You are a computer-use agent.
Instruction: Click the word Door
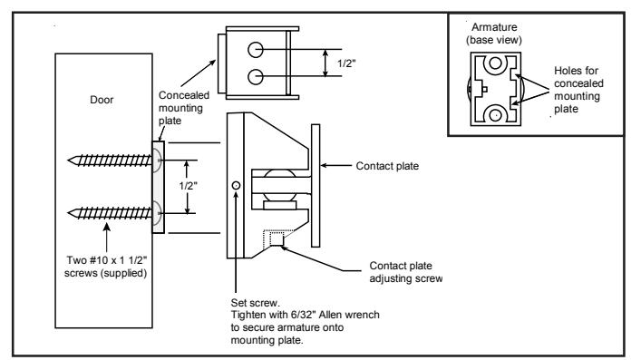point(102,100)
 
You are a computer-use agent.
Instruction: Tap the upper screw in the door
point(110,161)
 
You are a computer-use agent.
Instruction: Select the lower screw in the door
point(110,213)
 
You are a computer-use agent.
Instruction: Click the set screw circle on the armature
point(237,185)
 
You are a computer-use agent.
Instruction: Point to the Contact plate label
point(387,166)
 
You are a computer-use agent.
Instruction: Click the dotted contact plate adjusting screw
point(276,238)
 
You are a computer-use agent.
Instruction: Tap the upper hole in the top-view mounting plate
point(256,50)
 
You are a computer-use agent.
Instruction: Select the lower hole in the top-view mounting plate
point(256,76)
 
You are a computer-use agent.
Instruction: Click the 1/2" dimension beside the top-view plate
point(346,63)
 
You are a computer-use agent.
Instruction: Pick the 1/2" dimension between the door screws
point(188,186)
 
